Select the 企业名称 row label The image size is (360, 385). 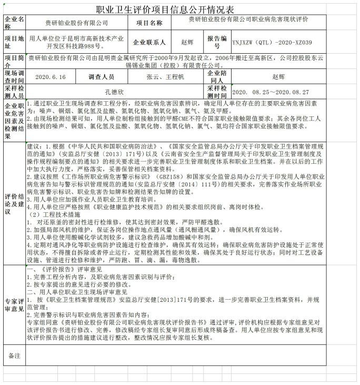(14, 23)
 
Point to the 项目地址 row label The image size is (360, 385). (14, 42)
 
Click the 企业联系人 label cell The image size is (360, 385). (149, 42)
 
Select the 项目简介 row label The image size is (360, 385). (14, 61)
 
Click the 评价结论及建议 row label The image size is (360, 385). (14, 203)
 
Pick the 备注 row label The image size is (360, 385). (14, 356)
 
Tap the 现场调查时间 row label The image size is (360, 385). (14, 76)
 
